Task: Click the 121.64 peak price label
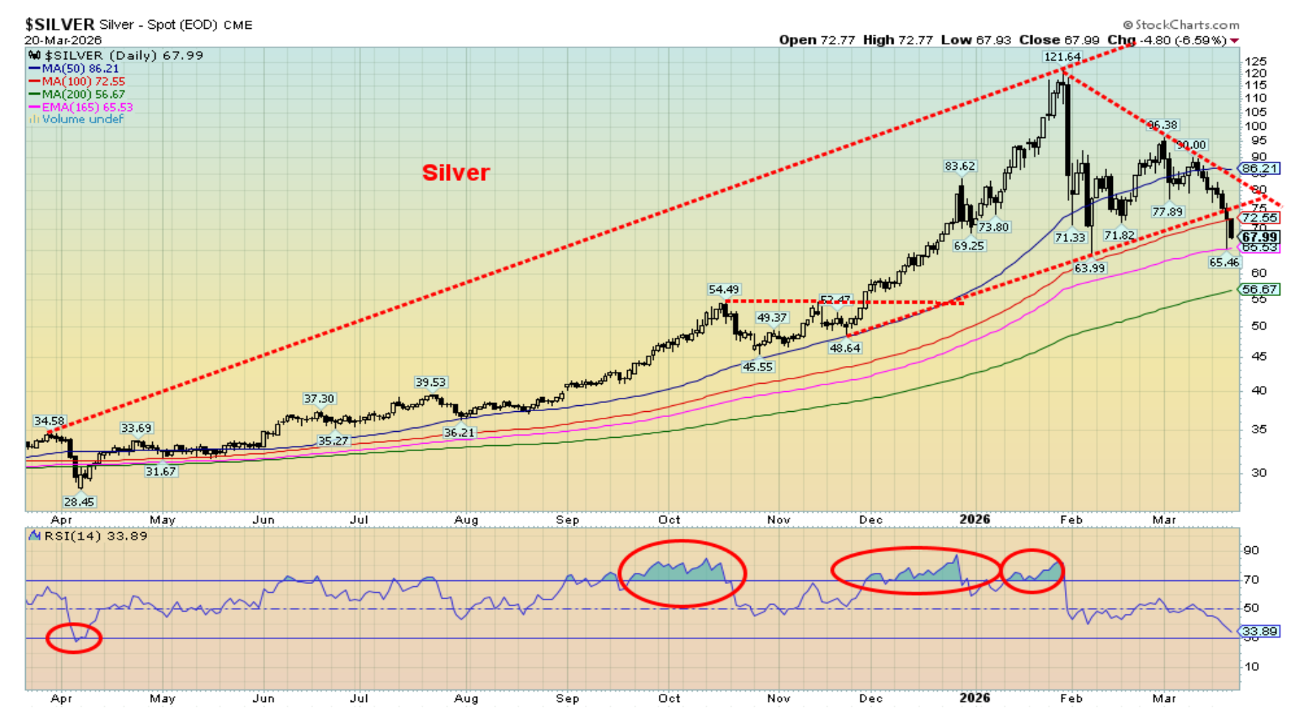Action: point(1061,57)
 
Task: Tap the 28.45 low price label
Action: point(79,502)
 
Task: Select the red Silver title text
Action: point(456,173)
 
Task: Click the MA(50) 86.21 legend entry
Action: point(73,69)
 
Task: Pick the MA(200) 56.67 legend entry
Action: point(76,94)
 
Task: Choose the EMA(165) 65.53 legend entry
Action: point(80,107)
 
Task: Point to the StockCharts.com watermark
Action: point(1181,25)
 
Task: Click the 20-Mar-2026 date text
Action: point(63,40)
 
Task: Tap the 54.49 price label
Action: point(724,289)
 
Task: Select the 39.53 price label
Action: point(431,382)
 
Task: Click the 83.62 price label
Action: point(960,166)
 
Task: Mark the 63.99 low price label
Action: point(1089,268)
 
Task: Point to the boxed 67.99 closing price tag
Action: point(1259,237)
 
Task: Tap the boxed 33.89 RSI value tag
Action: point(1259,631)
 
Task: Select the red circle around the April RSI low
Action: point(74,638)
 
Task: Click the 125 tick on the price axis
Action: point(1255,61)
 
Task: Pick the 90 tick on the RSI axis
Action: point(1251,551)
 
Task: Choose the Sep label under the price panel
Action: point(567,520)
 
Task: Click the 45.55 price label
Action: point(757,366)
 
